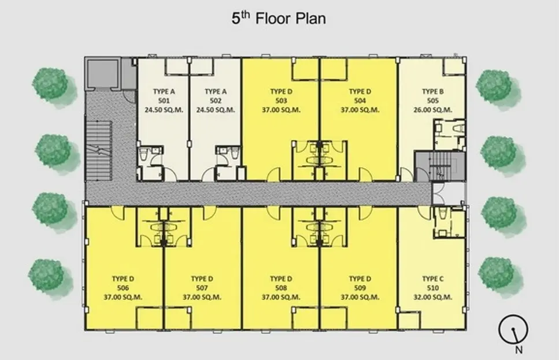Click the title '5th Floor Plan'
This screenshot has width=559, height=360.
click(279, 18)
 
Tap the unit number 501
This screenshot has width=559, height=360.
click(164, 101)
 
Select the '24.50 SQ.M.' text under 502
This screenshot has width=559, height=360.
click(216, 110)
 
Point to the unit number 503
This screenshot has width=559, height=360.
click(282, 101)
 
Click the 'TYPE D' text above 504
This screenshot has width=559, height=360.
click(360, 92)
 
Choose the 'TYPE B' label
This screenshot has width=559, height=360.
click(433, 92)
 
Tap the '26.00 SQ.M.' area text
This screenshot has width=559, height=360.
click(433, 110)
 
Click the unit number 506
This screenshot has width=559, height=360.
click(123, 288)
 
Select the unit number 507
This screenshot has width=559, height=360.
click(202, 288)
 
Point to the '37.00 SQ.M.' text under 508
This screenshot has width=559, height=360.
click(282, 297)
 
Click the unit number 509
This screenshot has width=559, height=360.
click(360, 288)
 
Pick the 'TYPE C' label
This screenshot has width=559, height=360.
click(433, 279)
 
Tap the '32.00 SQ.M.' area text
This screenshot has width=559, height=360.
click(433, 297)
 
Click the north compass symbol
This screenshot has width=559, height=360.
click(513, 329)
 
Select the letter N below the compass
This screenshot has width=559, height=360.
click(519, 350)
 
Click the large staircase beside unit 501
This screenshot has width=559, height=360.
click(99, 151)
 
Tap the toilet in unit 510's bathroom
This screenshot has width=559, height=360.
click(443, 213)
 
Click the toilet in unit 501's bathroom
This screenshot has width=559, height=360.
click(143, 155)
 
